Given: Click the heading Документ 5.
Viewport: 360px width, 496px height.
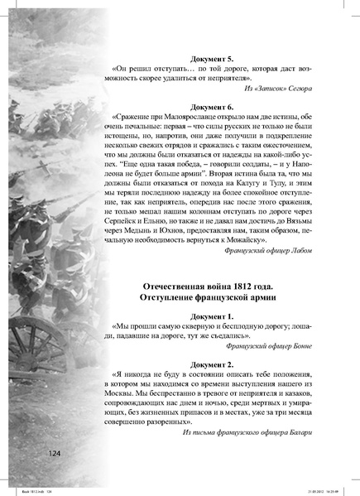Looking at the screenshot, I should click(218, 60).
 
